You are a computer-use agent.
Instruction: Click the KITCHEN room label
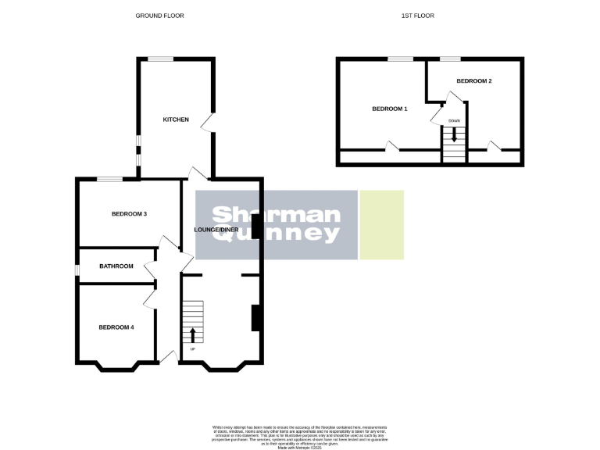point(176,120)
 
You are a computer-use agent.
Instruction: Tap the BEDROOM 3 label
point(130,214)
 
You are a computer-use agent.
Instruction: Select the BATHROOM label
point(116,266)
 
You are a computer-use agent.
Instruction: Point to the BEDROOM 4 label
point(116,327)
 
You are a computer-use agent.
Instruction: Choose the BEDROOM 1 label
point(390,109)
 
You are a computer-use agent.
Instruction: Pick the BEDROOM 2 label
point(473,80)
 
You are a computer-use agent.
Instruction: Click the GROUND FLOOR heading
point(159,16)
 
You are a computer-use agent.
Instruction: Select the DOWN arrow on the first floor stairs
point(454,134)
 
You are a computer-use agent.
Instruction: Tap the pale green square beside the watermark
point(381,224)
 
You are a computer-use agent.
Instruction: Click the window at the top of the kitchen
point(162,59)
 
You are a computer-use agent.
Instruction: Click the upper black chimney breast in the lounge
point(255,226)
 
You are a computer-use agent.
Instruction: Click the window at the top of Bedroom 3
point(110,180)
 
